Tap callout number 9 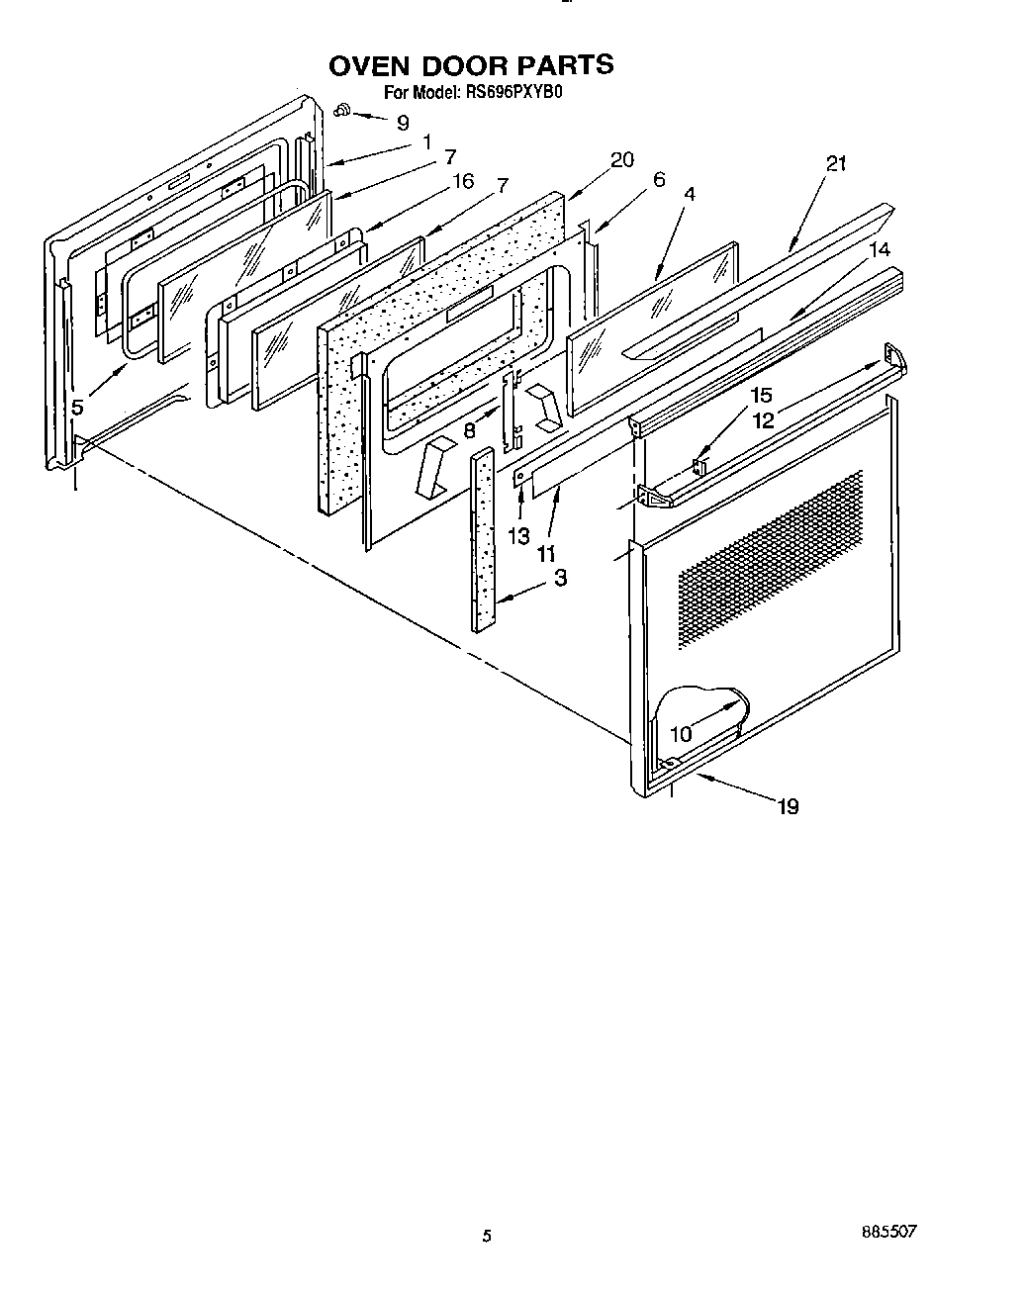coord(402,124)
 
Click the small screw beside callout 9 coord(343,110)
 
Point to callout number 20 coord(622,160)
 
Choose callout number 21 coord(836,164)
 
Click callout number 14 coord(880,250)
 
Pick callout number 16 coord(462,181)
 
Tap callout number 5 coord(77,407)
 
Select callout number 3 coord(560,578)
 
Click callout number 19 coord(788,806)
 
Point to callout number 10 coord(681,733)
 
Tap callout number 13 coord(518,535)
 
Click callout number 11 coord(546,554)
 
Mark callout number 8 coord(470,430)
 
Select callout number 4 coord(690,195)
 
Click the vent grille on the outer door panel coord(772,559)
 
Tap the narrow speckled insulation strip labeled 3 coord(483,539)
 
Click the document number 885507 coord(889,1232)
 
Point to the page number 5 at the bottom coord(486,1236)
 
